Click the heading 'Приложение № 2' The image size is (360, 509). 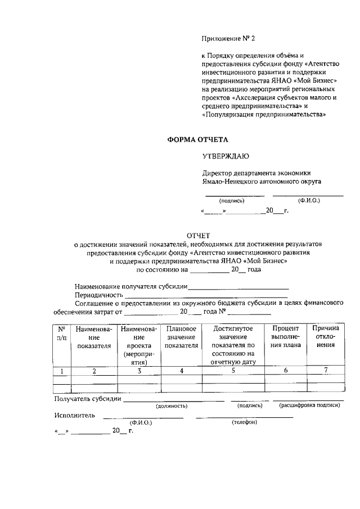point(228,39)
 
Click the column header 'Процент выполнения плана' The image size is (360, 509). point(285,336)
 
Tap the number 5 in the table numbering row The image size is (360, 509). point(233,370)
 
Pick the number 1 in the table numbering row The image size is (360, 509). point(61,370)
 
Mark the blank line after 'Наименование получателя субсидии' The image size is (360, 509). point(238,287)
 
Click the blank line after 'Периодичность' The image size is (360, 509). point(206,296)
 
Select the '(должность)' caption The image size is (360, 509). point(172,405)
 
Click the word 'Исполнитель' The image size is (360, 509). point(75,416)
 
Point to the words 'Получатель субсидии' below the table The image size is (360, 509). point(87,399)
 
